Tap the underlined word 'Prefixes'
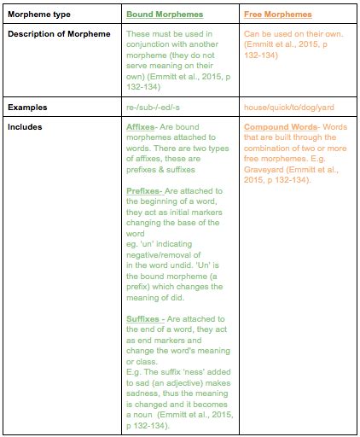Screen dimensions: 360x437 pos(142,191)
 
